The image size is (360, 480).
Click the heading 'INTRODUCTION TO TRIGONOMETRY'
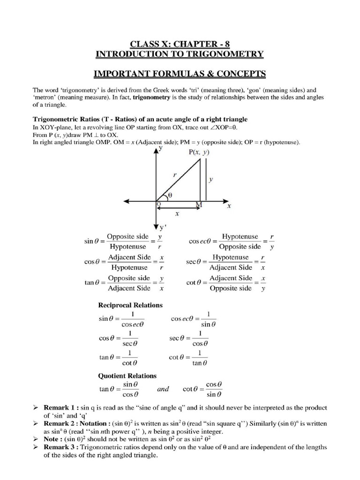pos(180,54)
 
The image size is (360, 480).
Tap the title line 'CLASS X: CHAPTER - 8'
pos(180,45)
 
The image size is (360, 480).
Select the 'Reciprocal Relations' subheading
pos(130,305)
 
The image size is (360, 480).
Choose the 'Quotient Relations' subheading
pos(127,375)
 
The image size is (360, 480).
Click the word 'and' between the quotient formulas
pos(163,389)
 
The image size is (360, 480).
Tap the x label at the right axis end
pos(229,206)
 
